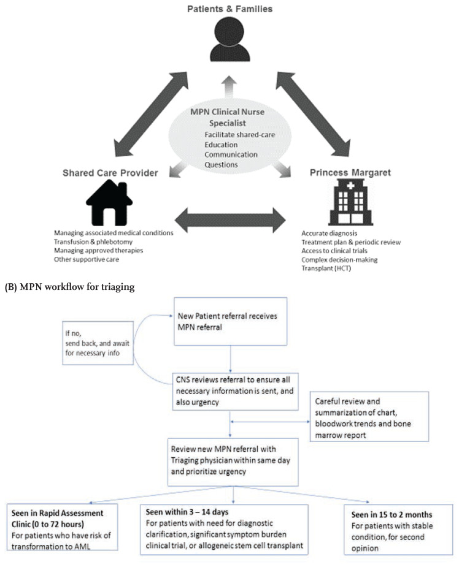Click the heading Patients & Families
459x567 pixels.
pyautogui.click(x=229, y=9)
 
